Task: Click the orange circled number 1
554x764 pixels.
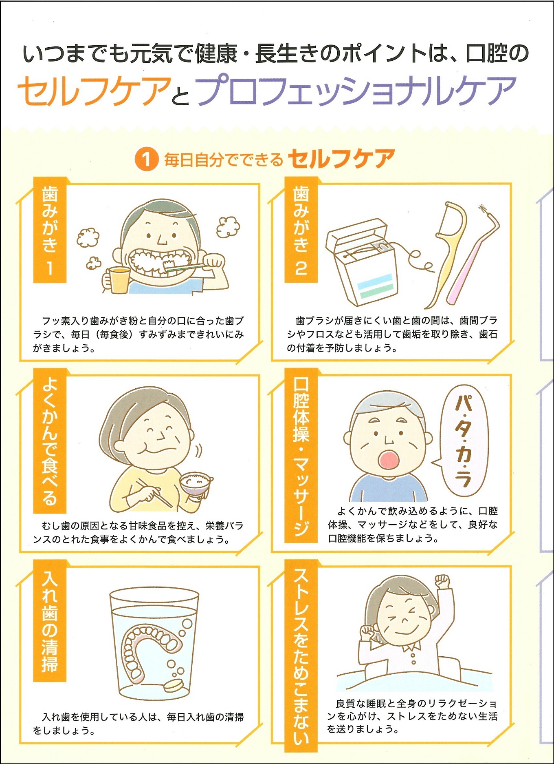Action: coord(147,159)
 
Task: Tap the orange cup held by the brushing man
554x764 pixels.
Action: coord(118,280)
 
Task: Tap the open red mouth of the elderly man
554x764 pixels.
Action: coord(389,460)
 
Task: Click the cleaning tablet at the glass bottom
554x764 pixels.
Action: coord(175,685)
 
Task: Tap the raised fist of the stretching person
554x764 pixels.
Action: coord(442,580)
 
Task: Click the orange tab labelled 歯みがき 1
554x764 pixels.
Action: coord(50,230)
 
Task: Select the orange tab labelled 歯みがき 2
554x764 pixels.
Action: coord(301,230)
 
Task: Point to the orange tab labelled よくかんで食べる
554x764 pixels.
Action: coord(50,441)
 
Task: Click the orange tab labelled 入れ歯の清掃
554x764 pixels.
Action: coord(50,620)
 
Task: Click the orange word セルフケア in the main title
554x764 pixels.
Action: coord(94,91)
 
